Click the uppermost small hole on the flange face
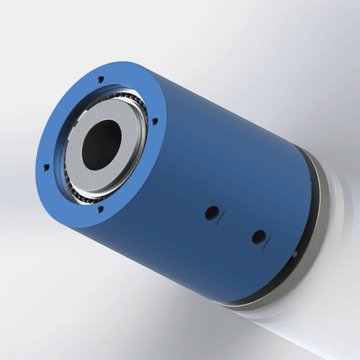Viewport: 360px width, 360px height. [100, 79]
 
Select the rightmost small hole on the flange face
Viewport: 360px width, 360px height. [154, 121]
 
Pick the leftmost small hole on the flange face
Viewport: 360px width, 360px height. [46, 167]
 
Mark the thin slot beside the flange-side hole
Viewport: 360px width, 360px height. [223, 215]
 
